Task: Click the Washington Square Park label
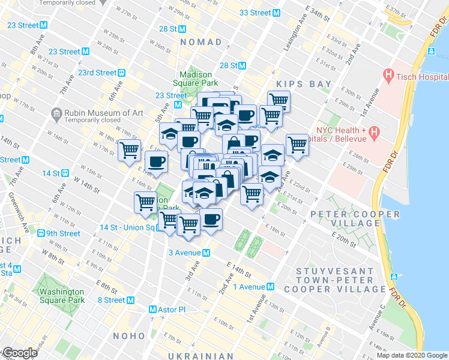[x=62, y=296]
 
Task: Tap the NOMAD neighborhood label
[x=201, y=43]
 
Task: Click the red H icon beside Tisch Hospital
[x=387, y=76]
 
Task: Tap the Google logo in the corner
[x=20, y=353]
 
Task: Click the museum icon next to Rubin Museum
[x=56, y=113]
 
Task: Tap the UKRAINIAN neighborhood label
[x=200, y=356]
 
